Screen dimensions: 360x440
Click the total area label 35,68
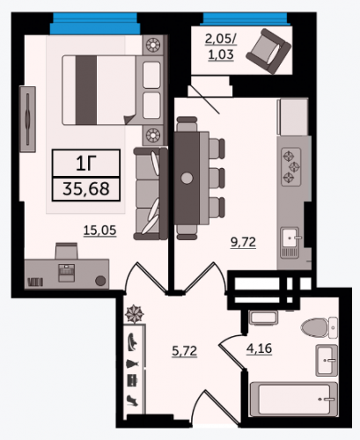86,188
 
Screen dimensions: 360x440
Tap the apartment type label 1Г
86,164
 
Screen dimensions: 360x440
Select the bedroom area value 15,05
100,231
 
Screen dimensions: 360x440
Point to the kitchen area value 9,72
243,242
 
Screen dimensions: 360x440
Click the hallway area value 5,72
184,351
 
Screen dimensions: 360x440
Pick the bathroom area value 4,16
260,348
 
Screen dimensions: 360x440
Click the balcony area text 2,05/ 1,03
221,47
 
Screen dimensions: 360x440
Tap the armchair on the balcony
268,51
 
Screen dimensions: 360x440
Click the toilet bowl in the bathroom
320,327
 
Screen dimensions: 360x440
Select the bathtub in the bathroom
294,399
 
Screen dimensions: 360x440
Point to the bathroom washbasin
327,361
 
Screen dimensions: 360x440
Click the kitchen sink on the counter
290,243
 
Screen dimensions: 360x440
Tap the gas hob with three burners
291,167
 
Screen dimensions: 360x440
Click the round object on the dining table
187,178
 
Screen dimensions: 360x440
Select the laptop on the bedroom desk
66,273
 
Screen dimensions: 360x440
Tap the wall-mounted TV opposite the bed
28,119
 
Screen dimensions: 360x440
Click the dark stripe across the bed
86,90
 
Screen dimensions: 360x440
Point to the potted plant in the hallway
135,314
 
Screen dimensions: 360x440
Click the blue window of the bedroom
95,25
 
